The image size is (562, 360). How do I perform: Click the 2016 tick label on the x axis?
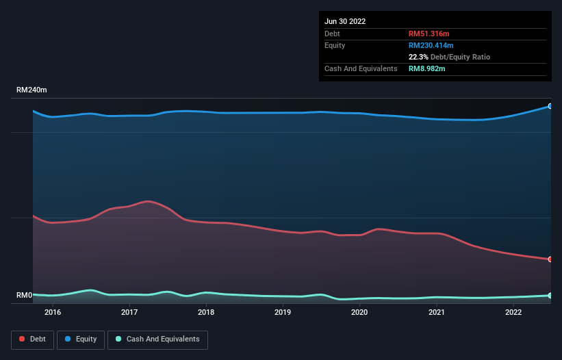tap(53, 312)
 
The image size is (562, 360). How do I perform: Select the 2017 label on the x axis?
tap(129, 312)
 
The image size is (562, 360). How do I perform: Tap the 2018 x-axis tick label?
tap(206, 312)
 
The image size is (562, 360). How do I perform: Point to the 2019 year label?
tap(283, 312)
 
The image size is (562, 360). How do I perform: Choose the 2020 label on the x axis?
tap(359, 312)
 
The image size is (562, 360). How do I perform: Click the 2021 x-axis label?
tap(437, 312)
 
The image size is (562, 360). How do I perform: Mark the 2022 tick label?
tap(513, 312)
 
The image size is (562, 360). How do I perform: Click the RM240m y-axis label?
tap(32, 90)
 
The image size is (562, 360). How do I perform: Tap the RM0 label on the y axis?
tap(25, 296)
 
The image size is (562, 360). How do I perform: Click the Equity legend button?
tap(81, 339)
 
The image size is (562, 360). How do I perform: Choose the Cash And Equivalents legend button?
tap(157, 339)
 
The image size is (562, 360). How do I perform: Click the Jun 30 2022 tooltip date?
tap(345, 21)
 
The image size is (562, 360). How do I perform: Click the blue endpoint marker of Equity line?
tap(550, 106)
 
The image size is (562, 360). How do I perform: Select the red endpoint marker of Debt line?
tap(550, 259)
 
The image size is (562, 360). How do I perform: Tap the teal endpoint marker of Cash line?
tap(550, 295)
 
